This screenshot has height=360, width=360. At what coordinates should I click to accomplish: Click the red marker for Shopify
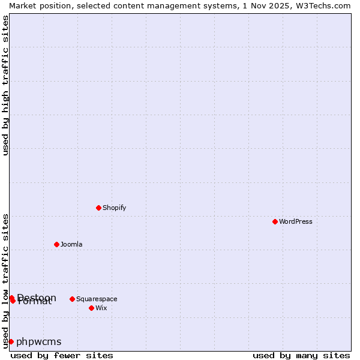click(x=98, y=208)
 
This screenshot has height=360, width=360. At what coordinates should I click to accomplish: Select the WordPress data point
click(x=275, y=221)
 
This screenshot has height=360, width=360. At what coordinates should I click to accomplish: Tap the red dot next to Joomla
click(x=56, y=244)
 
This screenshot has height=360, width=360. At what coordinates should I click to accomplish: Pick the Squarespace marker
click(x=72, y=299)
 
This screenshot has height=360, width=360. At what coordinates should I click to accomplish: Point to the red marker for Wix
click(x=91, y=308)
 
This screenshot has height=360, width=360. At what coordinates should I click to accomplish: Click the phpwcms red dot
click(x=11, y=341)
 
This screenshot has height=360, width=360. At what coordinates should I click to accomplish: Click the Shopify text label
click(x=114, y=208)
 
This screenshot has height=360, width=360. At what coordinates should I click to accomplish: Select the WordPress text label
click(x=295, y=221)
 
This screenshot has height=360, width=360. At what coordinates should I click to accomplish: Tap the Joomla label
click(x=71, y=244)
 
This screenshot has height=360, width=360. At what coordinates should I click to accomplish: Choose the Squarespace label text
click(x=97, y=299)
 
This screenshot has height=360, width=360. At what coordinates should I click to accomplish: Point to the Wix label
click(x=101, y=308)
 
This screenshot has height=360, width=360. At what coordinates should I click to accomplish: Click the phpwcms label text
click(x=39, y=341)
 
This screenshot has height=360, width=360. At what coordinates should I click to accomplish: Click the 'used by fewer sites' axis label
click(x=62, y=355)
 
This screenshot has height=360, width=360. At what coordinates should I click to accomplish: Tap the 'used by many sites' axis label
click(x=301, y=355)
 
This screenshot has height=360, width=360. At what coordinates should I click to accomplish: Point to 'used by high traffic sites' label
click(x=5, y=85)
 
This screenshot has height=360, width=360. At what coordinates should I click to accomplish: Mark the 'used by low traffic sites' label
click(x=5, y=280)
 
